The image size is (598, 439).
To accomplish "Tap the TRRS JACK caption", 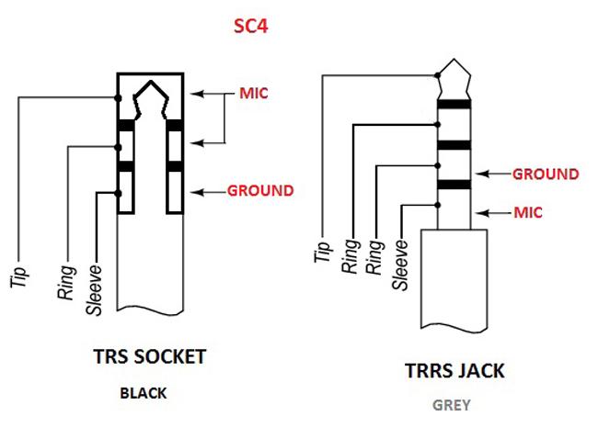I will point(454,371).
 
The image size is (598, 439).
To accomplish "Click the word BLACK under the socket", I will point(143,393).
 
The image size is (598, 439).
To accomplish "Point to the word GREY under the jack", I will point(452,405).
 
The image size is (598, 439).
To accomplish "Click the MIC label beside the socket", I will point(254,94).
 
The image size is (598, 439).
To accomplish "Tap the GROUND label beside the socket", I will point(260,191).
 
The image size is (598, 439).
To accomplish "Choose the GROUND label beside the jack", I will point(546,174).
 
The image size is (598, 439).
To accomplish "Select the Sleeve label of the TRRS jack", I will point(400,265).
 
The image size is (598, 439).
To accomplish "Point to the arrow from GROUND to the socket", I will point(206,192).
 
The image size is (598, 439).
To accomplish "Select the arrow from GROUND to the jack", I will point(492,174).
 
